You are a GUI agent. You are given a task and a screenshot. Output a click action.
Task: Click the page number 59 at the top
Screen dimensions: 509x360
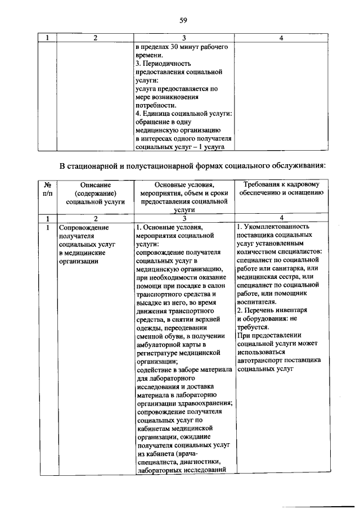click(183, 21)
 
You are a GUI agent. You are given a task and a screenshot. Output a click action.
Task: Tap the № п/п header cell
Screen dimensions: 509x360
click(48, 189)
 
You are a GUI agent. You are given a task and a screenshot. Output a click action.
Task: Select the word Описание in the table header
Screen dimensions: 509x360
click(95, 184)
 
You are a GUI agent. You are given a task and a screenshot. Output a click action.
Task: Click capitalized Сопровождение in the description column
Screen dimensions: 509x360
click(83, 227)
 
